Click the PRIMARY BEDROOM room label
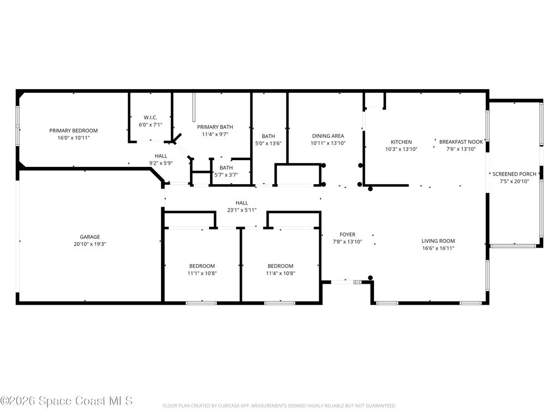[74, 131]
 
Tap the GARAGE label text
[90, 237]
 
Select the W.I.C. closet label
[151, 118]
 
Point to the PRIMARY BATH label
[215, 127]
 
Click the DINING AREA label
[328, 136]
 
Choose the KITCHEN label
[401, 142]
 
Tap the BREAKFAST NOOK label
[461, 142]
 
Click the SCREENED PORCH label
[514, 174]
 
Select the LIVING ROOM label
[438, 241]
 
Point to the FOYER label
[347, 234]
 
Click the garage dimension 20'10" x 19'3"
[90, 244]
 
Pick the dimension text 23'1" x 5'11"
[242, 210]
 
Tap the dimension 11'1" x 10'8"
[202, 273]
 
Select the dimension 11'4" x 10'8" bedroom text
[281, 273]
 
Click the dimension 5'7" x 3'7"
[226, 175]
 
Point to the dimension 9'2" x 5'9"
[161, 163]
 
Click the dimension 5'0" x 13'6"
[269, 143]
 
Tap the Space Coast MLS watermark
[67, 401]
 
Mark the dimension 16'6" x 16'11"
[438, 248]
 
